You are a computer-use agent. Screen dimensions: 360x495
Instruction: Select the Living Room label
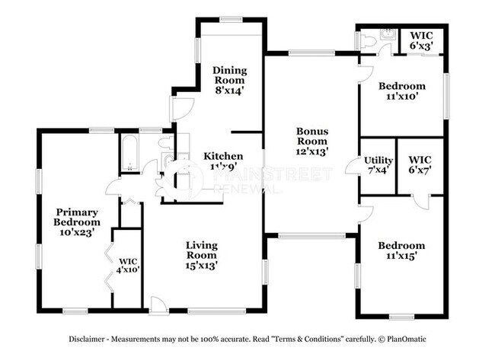pos(202,255)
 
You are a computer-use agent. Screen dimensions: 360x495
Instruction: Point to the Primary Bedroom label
pos(75,222)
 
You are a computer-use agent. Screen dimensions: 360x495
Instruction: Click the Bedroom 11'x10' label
pos(401,91)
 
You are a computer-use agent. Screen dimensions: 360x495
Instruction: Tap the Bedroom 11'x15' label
pos(401,251)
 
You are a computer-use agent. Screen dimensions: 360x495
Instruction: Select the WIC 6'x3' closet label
pos(421,40)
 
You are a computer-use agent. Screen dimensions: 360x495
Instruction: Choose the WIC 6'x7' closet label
pos(420,165)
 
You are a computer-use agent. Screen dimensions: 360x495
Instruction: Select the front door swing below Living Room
pos(159,305)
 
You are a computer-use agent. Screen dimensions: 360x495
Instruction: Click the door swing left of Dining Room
pos(181,109)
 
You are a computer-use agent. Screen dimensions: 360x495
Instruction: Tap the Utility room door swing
pos(353,166)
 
